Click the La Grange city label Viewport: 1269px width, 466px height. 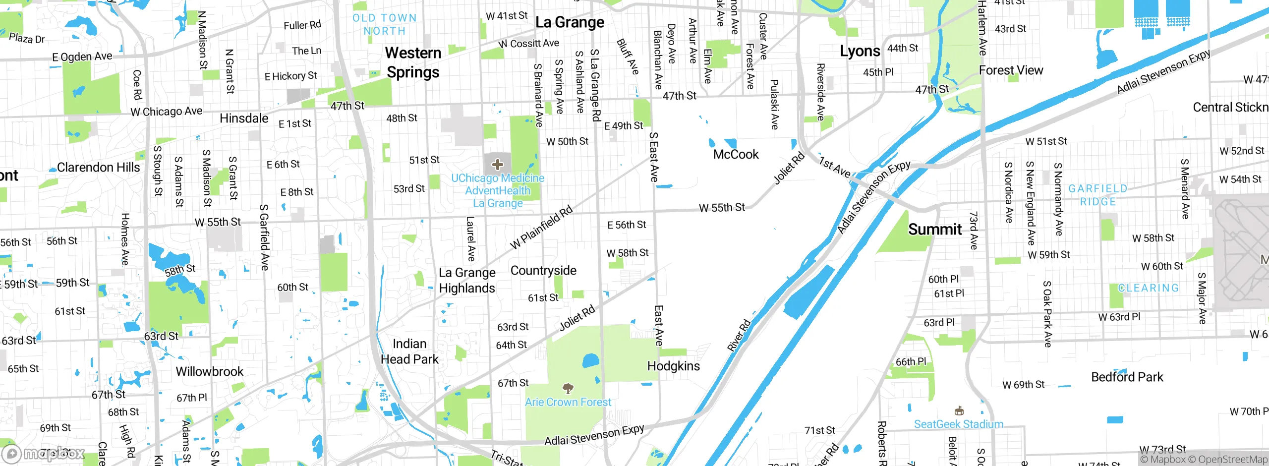[570, 22]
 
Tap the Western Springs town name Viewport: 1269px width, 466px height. [413, 62]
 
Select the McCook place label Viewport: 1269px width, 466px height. [736, 155]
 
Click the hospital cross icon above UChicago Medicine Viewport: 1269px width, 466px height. [498, 165]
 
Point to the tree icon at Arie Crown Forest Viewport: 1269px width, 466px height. [568, 388]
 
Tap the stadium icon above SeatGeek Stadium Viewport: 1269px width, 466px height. [959, 411]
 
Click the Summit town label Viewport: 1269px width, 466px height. [935, 230]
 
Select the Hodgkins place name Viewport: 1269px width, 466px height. [674, 366]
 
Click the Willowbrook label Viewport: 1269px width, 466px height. [210, 372]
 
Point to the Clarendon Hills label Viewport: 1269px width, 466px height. [98, 168]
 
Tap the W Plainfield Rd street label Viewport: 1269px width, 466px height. [541, 227]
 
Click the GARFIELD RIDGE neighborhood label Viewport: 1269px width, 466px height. [1098, 195]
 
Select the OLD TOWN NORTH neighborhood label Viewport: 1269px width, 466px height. [385, 24]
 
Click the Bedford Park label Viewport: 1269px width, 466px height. [1127, 377]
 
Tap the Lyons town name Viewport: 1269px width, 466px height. [860, 52]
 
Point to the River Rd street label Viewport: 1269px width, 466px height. [739, 336]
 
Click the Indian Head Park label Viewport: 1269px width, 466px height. [409, 351]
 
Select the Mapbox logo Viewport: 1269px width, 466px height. [43, 454]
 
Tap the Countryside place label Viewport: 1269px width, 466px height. [543, 271]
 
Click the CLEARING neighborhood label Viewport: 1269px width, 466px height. [1148, 288]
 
